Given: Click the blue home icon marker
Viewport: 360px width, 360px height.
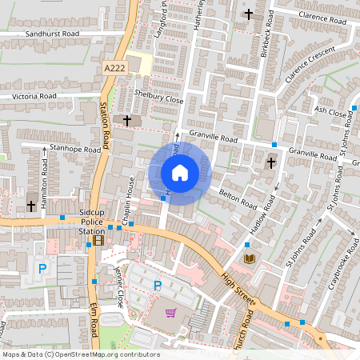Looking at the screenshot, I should (180, 173).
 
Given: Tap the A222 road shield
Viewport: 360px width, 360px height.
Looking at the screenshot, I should (114, 70).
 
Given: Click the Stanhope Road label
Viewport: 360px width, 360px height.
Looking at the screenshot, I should (74, 148).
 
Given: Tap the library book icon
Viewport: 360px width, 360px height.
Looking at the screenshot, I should (250, 258).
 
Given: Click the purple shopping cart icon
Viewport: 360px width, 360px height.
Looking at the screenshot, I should (170, 313).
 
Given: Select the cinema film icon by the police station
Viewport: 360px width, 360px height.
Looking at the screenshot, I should (98, 239).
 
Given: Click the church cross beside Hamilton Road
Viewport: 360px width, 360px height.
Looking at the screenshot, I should (31, 206).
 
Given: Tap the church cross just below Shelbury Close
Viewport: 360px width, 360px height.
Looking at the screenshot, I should (127, 120).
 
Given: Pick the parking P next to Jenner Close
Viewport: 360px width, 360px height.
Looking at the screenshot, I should (158, 285).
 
